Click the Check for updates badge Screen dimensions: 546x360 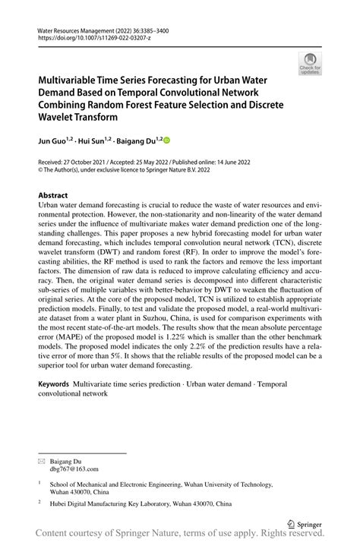(310, 64)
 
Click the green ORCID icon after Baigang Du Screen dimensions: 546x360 (167, 140)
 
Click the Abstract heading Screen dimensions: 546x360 (58, 195)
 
